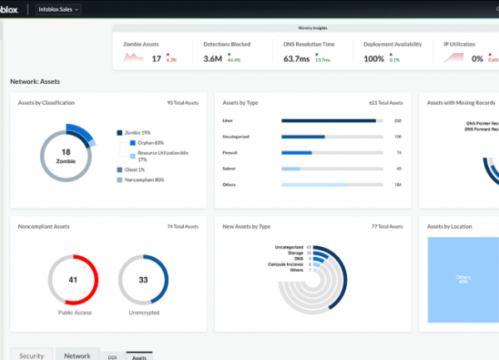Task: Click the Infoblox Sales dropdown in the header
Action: click(59, 9)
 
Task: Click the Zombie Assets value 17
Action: click(156, 58)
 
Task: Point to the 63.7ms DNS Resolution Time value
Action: click(296, 58)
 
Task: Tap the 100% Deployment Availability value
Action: click(373, 58)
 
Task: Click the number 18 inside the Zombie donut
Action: click(66, 151)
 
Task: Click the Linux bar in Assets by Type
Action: click(329, 121)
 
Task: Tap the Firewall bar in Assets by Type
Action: click(297, 152)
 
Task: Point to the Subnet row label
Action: click(229, 168)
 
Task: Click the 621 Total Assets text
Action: click(386, 103)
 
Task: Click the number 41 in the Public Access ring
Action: click(72, 279)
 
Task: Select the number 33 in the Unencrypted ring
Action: click(142, 279)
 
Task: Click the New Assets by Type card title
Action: click(247, 225)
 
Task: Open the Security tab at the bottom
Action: click(32, 355)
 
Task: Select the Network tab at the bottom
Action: click(77, 355)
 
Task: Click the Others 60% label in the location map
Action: click(463, 279)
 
